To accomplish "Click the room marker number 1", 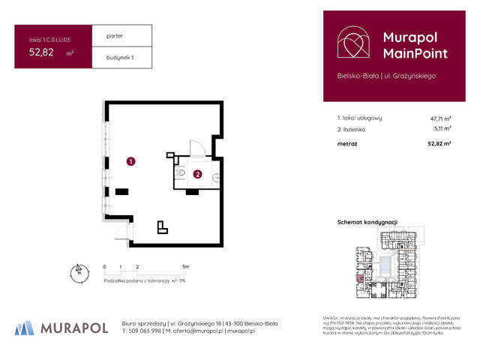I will [130, 161].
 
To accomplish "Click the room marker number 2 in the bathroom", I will [197, 175].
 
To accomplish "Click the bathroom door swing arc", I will [197, 148].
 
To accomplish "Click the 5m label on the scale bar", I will [185, 267].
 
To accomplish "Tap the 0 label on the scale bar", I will [105, 267].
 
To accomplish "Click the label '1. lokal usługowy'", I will [360, 118].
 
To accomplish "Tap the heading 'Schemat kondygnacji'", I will [367, 222].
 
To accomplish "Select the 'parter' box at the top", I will [121, 35].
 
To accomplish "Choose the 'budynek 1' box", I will [121, 57].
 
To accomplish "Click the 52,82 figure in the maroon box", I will [41, 52].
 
